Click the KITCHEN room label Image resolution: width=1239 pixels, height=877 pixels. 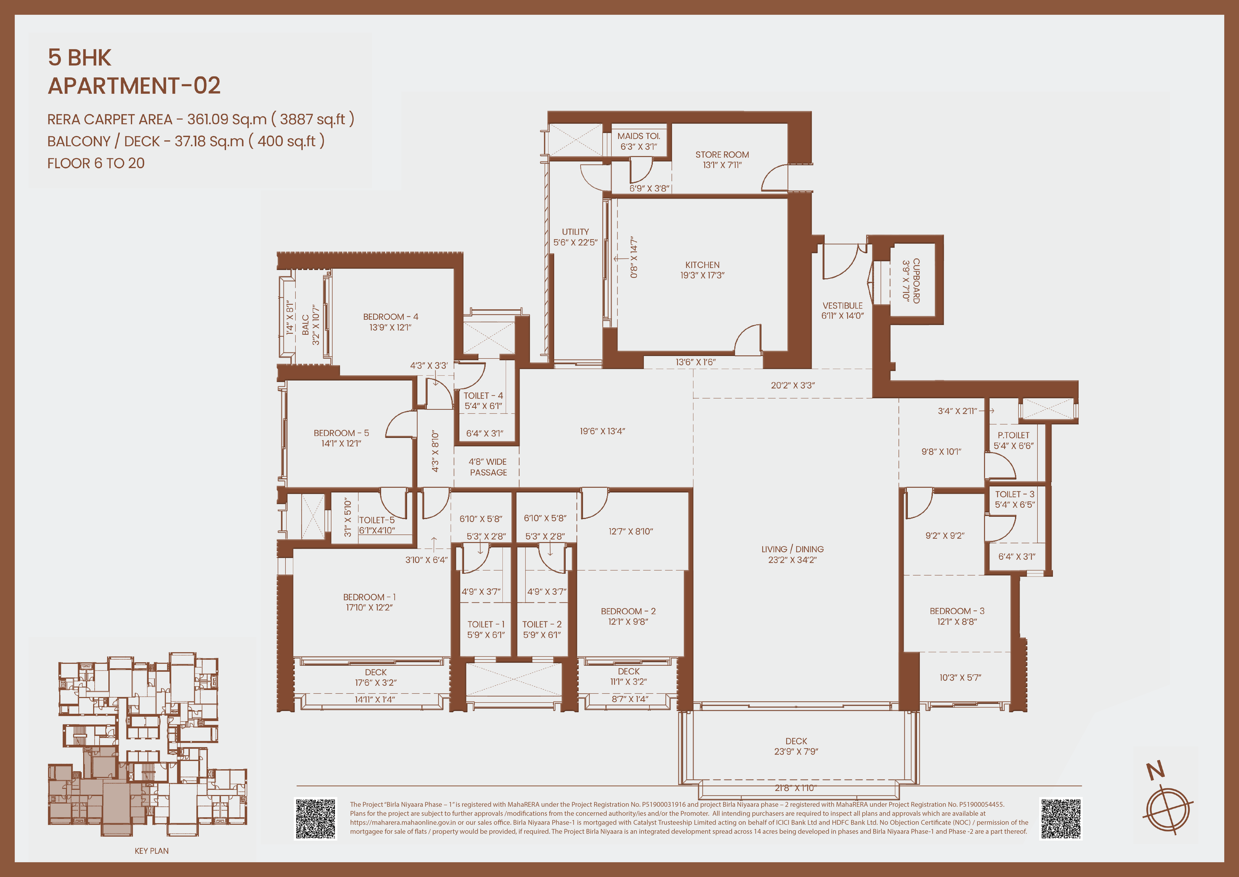click(702, 264)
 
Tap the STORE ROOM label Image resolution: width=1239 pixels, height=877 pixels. click(722, 154)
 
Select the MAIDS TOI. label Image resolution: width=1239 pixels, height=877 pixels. click(639, 136)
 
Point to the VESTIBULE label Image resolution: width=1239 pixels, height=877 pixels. click(842, 306)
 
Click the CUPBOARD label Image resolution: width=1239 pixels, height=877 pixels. click(916, 281)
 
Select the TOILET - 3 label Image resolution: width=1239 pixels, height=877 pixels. click(1014, 494)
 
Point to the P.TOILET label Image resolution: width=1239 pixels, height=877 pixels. click(1013, 435)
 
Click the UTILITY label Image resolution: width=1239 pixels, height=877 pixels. click(575, 232)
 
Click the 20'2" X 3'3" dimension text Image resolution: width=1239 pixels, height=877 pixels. click(793, 385)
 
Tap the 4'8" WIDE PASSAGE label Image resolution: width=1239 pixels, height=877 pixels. click(488, 467)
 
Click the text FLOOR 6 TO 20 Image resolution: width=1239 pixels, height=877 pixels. click(96, 163)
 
